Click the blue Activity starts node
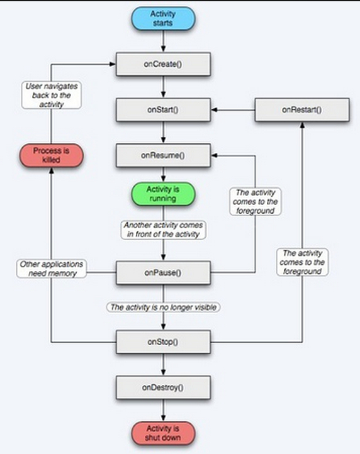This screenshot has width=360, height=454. pyautogui.click(x=163, y=18)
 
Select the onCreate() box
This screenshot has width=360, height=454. pyautogui.click(x=163, y=64)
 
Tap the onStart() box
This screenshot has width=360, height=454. pyautogui.click(x=163, y=110)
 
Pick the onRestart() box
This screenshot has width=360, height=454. pyautogui.click(x=302, y=110)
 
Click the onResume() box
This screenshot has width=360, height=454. pyautogui.click(x=163, y=155)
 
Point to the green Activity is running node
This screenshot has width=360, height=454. pyautogui.click(x=163, y=194)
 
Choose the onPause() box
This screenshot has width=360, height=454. pyautogui.click(x=163, y=273)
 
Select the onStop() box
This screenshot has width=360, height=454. pyautogui.click(x=163, y=342)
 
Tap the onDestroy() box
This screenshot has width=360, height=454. pyautogui.click(x=163, y=387)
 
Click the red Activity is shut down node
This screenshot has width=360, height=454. pyautogui.click(x=163, y=433)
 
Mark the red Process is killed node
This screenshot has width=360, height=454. pyautogui.click(x=52, y=155)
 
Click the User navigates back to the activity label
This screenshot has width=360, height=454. pyautogui.click(x=52, y=95)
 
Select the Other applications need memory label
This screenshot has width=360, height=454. pyautogui.click(x=52, y=269)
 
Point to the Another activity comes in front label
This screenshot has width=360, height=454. pyautogui.click(x=163, y=230)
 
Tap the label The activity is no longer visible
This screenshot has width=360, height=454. pyautogui.click(x=163, y=307)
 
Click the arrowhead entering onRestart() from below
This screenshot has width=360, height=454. pyautogui.click(x=302, y=125)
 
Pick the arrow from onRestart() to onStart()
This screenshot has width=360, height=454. pyautogui.click(x=233, y=110)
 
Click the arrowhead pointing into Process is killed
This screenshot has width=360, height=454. pyautogui.click(x=52, y=170)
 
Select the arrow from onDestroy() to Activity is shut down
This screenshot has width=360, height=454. pyautogui.click(x=163, y=410)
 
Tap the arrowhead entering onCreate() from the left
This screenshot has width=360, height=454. pyautogui.click(x=113, y=64)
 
